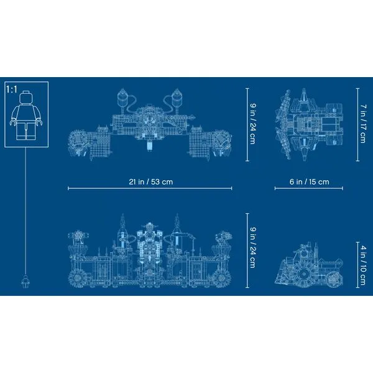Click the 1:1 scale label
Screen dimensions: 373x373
pyautogui.click(x=12, y=90)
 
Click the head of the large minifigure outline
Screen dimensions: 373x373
pyautogui.click(x=26, y=98)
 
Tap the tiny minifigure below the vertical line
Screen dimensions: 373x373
pyautogui.click(x=24, y=282)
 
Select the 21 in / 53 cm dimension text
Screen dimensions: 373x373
pyautogui.click(x=151, y=182)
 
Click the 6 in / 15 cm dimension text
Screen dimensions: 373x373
pyautogui.click(x=309, y=182)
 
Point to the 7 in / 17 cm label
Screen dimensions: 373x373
pyautogui.click(x=362, y=124)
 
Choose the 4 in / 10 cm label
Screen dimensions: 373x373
pyautogui.click(x=362, y=265)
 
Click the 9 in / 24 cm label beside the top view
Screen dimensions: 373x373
pyautogui.click(x=252, y=124)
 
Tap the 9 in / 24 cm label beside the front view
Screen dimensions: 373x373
pyautogui.click(x=252, y=248)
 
